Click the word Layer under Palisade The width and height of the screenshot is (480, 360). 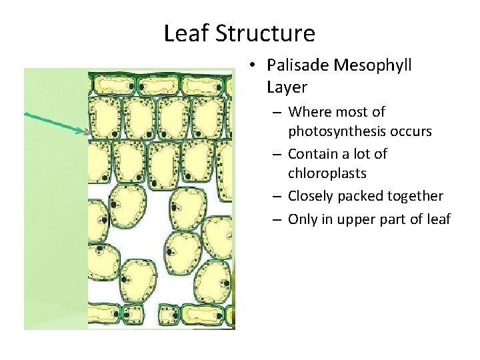point(287,87)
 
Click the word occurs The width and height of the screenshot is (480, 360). point(409,132)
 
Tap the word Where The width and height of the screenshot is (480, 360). point(309,111)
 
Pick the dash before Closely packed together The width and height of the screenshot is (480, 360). point(278,197)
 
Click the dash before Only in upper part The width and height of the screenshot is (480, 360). point(278,218)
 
